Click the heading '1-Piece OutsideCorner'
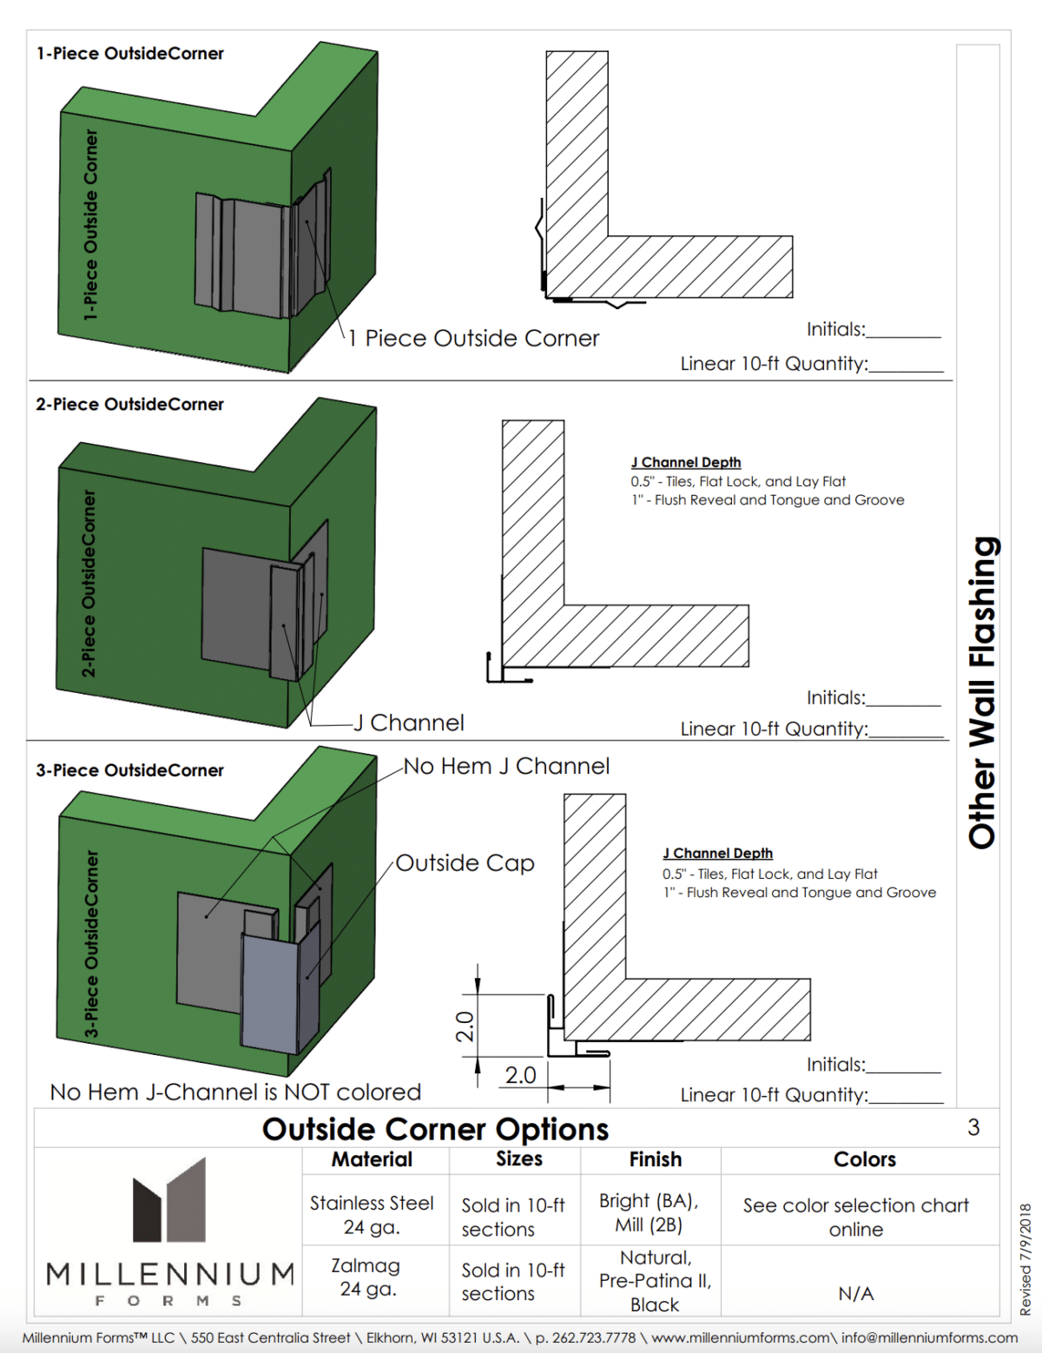[129, 54]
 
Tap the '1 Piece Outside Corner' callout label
[473, 339]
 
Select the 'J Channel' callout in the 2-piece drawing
[409, 723]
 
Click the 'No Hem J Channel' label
[506, 766]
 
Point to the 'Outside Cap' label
[465, 863]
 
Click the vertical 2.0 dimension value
[465, 1026]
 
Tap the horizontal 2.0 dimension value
[520, 1075]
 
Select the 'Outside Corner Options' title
[435, 1129]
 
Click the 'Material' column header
[372, 1159]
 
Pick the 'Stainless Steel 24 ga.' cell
[372, 1214]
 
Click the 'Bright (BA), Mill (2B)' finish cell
[649, 1212]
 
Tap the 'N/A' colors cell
[855, 1293]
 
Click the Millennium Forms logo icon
[169, 1200]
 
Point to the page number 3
[973, 1127]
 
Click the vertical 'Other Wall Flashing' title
[983, 692]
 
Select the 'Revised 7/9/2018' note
[1026, 1258]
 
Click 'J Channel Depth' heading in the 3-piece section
[717, 854]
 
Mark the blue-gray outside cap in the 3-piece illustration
[270, 992]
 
